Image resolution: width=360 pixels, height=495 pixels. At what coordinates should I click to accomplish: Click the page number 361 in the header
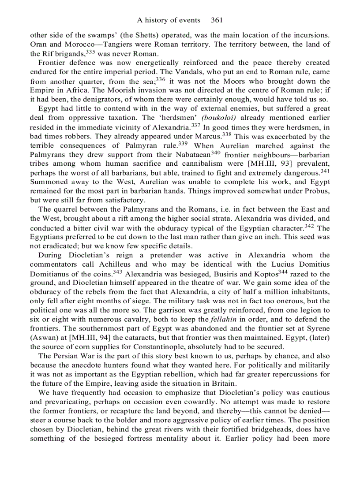(218, 20)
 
